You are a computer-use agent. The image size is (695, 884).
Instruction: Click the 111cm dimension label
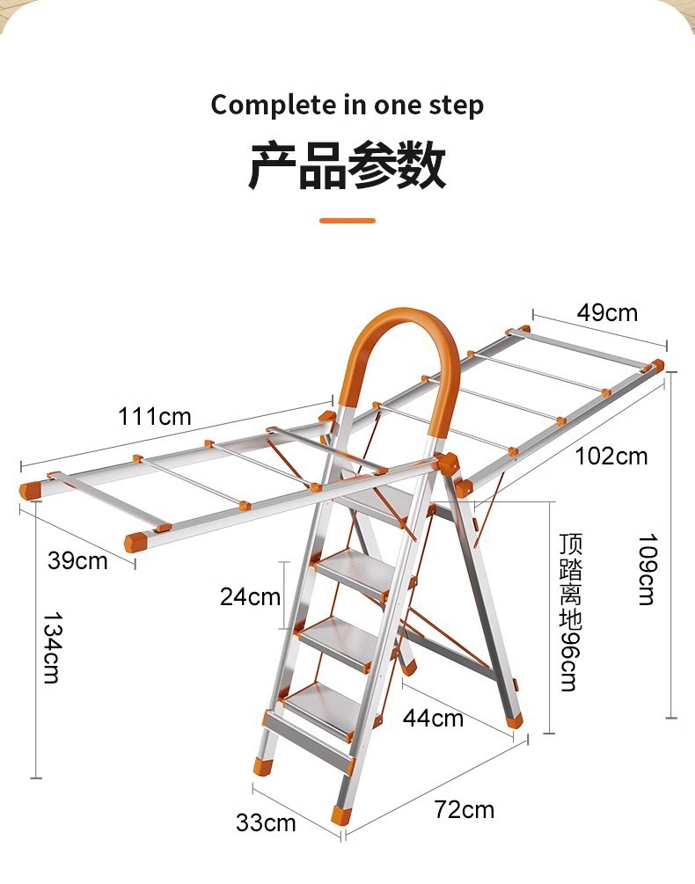click(x=155, y=416)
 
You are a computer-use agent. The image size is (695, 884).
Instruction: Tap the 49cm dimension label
click(x=607, y=312)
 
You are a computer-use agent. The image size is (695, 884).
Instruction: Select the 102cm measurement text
click(x=611, y=457)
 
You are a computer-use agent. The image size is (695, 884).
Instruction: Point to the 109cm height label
click(x=647, y=569)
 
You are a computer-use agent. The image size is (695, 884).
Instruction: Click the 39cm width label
click(x=77, y=560)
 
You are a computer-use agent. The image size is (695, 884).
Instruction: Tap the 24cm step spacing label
click(x=250, y=596)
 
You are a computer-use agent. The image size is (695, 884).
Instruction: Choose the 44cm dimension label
click(x=433, y=718)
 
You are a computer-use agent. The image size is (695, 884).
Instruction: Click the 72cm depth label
click(x=464, y=809)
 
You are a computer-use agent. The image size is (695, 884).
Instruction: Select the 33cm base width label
click(x=266, y=823)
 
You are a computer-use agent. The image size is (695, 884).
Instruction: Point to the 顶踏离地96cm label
click(x=570, y=611)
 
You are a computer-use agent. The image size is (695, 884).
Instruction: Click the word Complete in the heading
click(x=268, y=106)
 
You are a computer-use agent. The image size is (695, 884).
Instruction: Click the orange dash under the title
click(x=347, y=221)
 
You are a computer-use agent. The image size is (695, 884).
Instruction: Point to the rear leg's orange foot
click(x=516, y=720)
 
